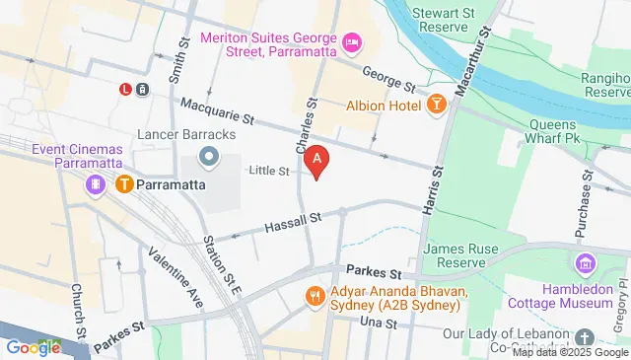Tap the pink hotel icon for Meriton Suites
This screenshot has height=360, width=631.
click(x=352, y=41)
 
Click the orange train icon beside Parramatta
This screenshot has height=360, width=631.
click(x=124, y=184)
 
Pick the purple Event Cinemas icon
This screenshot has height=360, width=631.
click(x=95, y=184)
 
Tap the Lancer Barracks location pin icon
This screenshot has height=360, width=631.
click(x=208, y=156)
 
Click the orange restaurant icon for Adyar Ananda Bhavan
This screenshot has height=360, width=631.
click(x=315, y=295)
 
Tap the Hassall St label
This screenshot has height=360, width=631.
click(x=293, y=227)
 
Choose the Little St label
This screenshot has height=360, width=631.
click(x=268, y=172)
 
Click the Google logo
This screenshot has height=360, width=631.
click(x=34, y=347)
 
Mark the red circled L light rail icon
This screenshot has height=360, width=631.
click(x=125, y=89)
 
